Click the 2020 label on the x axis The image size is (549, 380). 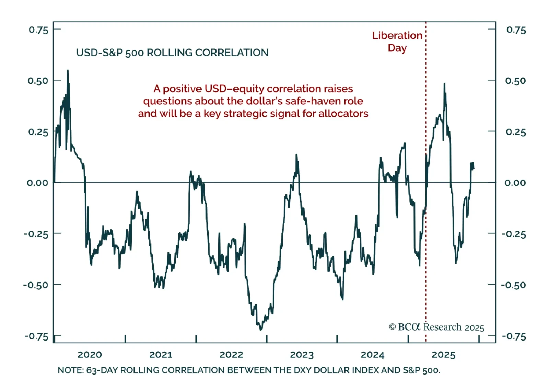coord(90,355)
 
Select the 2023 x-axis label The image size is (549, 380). coord(302,355)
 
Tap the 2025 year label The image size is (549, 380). coord(443,355)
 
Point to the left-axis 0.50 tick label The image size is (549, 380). coord(38,81)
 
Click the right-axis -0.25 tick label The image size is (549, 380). coord(514,234)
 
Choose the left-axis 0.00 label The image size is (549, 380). coord(37,183)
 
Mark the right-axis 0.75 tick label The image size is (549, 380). coord(516,30)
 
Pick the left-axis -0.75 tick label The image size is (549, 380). coord(36,336)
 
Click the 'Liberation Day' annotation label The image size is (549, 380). coord(397,42)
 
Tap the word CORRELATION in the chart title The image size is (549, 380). coord(232,53)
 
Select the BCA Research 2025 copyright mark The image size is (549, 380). coord(436,327)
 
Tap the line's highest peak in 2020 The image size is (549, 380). coord(68,71)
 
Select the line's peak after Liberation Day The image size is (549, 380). coord(444,83)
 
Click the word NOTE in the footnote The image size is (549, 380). coord(70,370)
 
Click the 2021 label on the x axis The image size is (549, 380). coord(160,355)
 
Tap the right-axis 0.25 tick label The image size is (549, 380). coord(515,132)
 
